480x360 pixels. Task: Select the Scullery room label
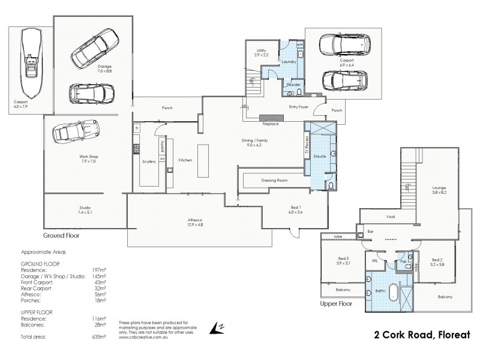[x=149, y=161]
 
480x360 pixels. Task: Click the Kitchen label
[x=185, y=160]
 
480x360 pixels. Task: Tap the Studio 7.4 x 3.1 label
[x=84, y=210]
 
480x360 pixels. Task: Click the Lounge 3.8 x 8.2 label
[x=439, y=191]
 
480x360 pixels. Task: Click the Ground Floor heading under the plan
[x=61, y=236]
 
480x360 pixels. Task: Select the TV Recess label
[x=307, y=145]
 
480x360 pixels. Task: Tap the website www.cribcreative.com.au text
[x=142, y=337]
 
